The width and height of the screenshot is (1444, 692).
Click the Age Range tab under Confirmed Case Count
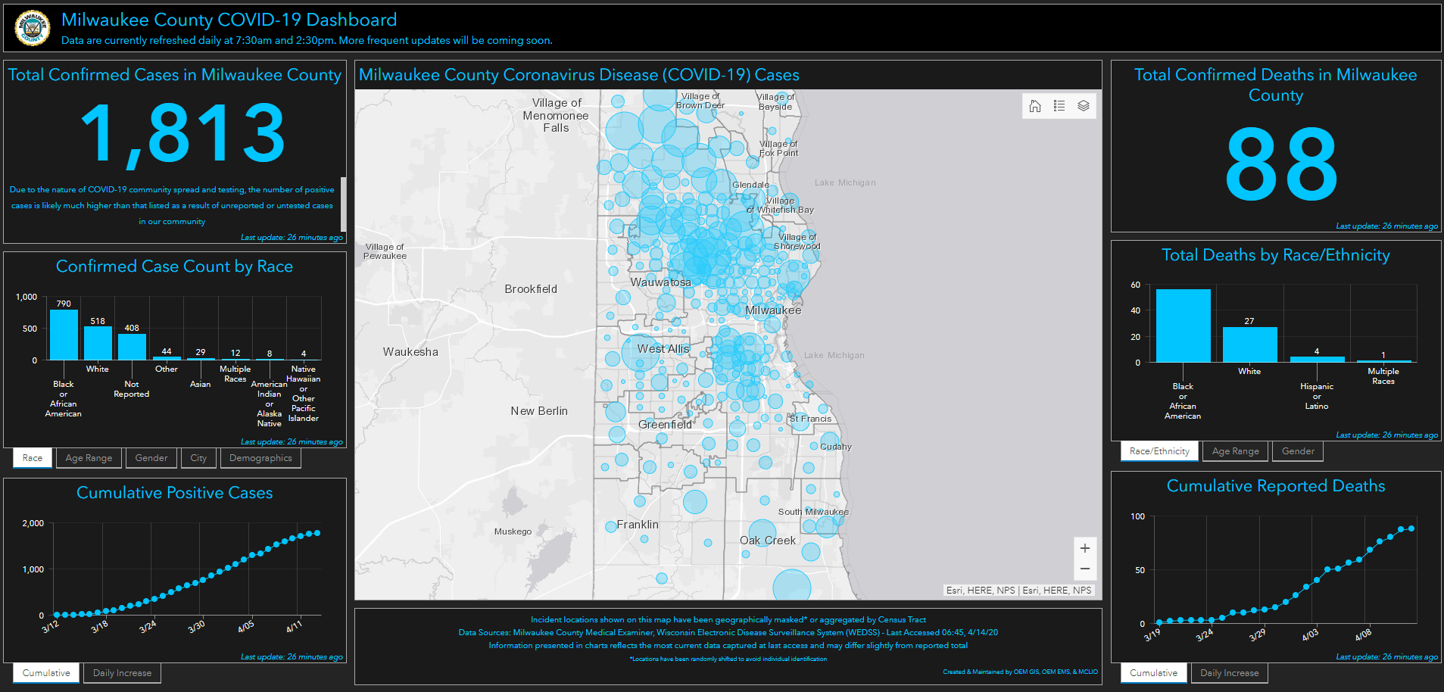tap(89, 458)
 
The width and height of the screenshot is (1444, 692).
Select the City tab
tap(198, 458)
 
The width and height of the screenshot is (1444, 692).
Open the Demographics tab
tap(260, 458)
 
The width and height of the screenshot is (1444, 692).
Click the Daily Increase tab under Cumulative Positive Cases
tap(122, 673)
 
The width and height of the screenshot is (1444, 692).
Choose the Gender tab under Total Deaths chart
tap(1298, 451)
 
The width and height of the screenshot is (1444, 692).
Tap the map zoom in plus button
tap(1084, 548)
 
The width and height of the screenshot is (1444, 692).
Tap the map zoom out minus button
tap(1084, 569)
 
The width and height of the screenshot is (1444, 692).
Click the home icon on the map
tap(1035, 106)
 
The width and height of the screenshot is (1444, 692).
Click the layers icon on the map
tap(1084, 106)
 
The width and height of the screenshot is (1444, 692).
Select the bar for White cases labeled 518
tap(98, 343)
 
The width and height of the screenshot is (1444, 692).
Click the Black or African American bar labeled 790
tap(64, 335)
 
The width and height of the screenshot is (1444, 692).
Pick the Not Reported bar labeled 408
tap(132, 347)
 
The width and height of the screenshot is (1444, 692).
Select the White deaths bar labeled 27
tap(1249, 344)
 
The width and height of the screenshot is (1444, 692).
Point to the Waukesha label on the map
tap(410, 352)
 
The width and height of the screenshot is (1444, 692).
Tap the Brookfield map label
tap(531, 289)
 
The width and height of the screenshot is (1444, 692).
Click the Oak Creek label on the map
tap(768, 541)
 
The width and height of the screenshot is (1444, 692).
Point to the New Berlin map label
tap(539, 411)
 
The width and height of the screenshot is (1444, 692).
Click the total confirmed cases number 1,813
tap(182, 135)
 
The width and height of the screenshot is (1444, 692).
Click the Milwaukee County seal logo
tap(32, 28)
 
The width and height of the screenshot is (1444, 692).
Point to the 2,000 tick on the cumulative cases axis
tap(33, 523)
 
